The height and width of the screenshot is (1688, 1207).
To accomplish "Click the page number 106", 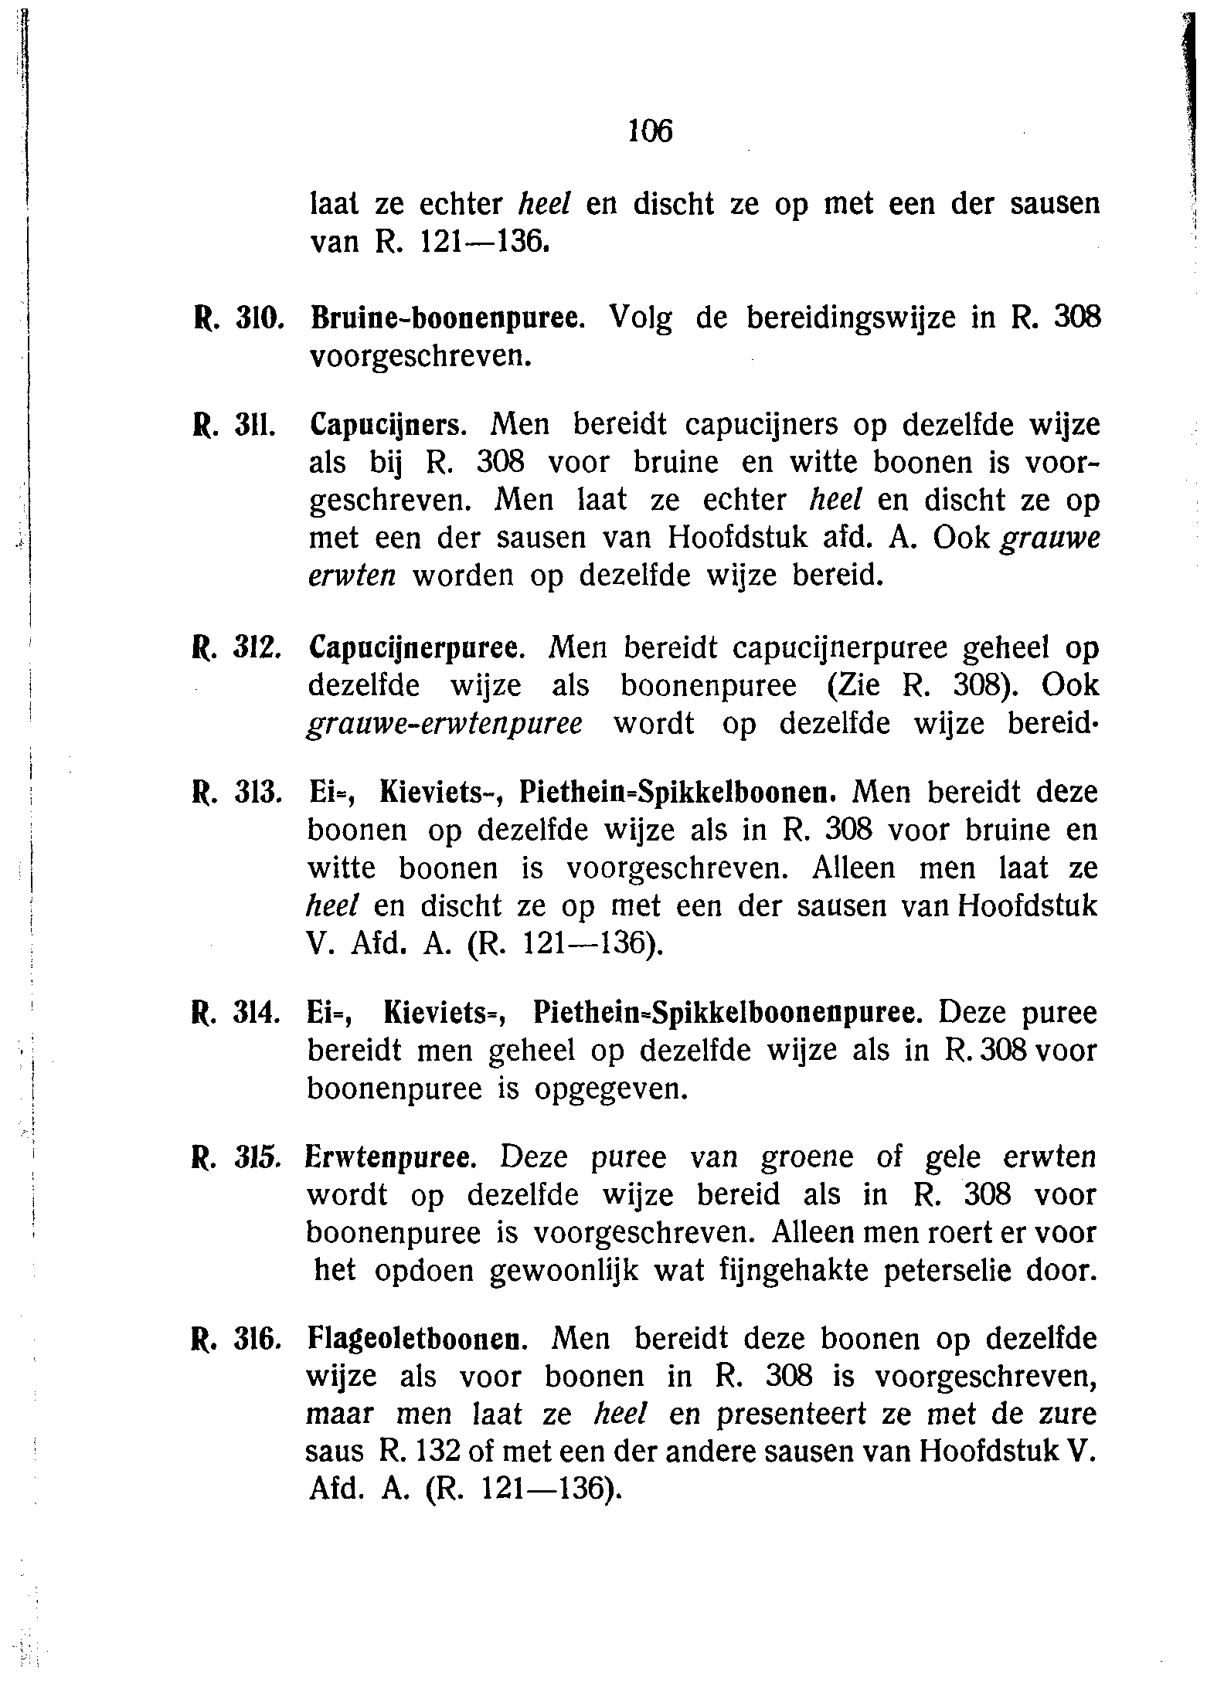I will [x=650, y=131].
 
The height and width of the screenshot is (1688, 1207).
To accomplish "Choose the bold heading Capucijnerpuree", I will [x=417, y=649].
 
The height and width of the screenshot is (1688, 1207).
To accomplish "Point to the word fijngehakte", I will [x=773, y=1272].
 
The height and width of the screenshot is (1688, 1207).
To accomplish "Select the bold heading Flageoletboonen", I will [x=417, y=1339].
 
